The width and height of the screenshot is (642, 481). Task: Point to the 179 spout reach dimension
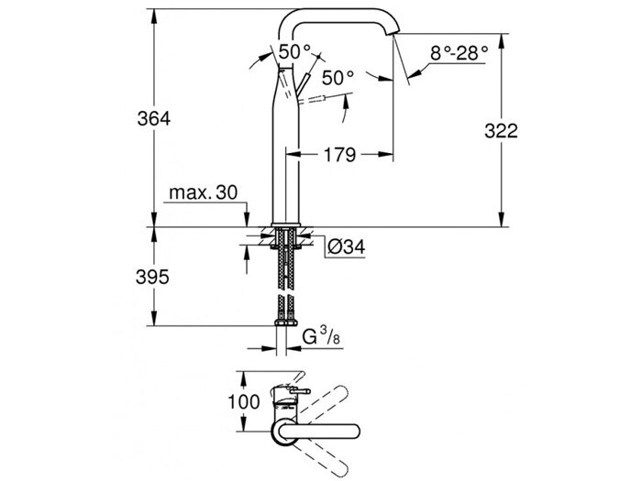339,156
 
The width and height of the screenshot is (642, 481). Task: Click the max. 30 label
202,194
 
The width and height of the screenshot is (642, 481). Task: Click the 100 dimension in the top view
260,400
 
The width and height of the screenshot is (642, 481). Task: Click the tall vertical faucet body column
285,156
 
